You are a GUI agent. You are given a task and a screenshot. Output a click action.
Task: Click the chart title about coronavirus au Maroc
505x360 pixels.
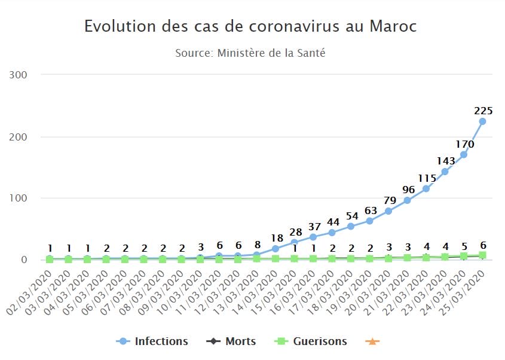[250, 26]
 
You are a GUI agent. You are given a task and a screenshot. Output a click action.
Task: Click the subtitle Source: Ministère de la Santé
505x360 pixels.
[250, 53]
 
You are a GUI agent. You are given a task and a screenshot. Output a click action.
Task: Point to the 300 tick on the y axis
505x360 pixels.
[21, 75]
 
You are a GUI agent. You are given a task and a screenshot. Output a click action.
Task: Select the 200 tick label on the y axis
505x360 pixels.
[21, 137]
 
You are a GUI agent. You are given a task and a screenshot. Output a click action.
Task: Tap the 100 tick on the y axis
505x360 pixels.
[21, 199]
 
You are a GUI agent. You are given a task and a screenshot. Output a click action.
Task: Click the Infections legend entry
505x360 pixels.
[152, 341]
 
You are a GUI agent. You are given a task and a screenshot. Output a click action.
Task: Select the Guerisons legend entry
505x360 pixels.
[311, 341]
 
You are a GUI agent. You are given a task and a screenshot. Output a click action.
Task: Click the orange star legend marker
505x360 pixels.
[372, 341]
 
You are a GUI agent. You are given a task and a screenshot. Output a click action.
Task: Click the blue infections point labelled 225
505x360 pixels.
[482, 121]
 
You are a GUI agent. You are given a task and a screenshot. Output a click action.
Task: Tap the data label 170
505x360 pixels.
[464, 144]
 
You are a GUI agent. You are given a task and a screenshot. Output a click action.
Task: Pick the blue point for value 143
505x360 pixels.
[445, 172]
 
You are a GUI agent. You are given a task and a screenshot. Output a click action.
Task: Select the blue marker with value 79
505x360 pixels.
[388, 211]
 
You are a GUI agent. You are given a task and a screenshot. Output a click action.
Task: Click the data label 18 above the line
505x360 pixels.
[276, 237]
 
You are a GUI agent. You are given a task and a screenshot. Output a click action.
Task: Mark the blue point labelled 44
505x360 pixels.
[332, 233]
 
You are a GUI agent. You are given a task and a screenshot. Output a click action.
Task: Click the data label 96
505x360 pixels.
[408, 190]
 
